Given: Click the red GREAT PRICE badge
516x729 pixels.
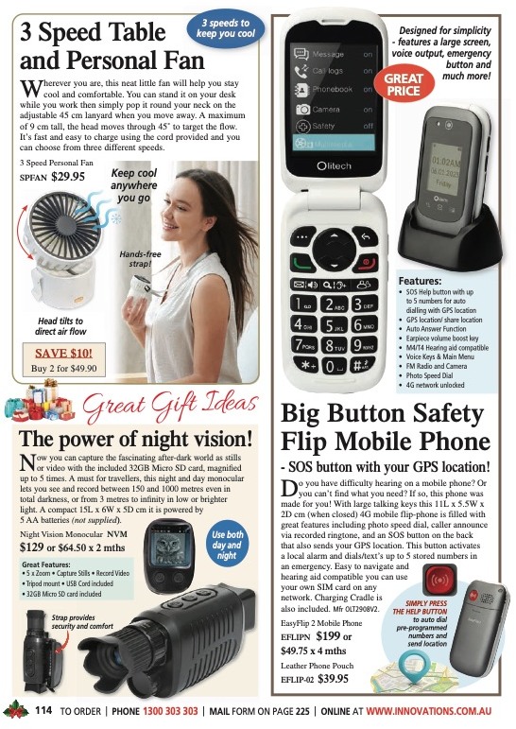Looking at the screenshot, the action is coord(403,84).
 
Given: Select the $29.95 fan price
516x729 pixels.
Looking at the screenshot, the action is coord(68,176).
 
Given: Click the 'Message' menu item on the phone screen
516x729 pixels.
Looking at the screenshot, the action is coord(328,56).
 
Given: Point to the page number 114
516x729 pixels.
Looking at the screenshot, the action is coord(43,710).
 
